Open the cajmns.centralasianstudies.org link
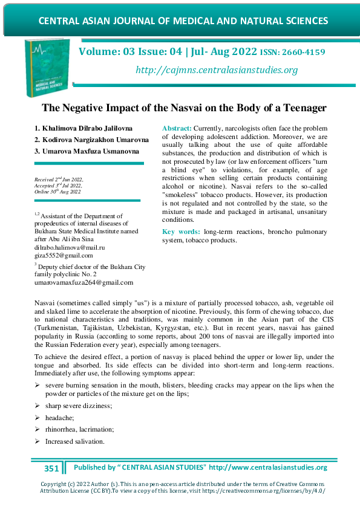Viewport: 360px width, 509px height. coord(217,70)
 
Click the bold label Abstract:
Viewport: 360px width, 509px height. coord(177,129)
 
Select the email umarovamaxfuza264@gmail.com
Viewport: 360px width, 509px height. coord(84,282)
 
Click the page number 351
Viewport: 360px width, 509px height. coord(52,468)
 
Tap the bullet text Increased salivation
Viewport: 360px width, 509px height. coord(74,441)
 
